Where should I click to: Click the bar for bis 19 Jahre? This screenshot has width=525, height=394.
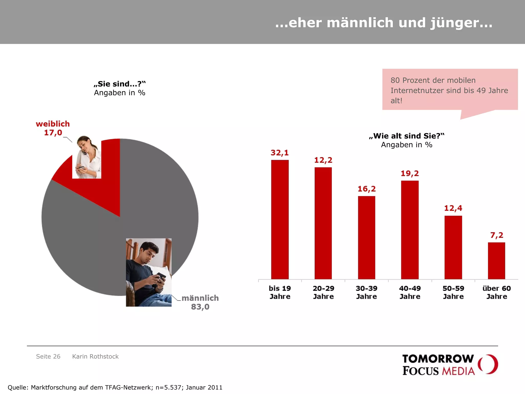280,219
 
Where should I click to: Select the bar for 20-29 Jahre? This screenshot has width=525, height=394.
323,223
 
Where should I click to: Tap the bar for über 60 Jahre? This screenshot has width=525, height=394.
496,261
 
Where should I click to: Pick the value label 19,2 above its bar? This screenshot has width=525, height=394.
410,174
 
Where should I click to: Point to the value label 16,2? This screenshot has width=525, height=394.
367,189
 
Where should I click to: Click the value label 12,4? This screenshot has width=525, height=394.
453,208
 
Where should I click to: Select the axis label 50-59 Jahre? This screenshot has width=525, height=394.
453,292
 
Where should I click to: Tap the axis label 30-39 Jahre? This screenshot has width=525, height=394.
367,292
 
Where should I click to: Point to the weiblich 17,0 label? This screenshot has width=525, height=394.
53,128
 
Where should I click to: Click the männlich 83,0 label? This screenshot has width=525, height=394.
200,302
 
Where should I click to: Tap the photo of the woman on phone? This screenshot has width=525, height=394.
87,157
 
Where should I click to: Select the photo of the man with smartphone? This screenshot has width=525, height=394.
148,272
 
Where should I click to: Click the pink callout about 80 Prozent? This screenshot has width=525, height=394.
450,90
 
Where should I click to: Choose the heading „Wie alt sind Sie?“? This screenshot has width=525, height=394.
407,136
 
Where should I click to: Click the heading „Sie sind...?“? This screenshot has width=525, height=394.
120,84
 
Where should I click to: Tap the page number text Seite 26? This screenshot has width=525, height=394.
48,357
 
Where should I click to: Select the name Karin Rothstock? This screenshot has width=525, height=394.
95,357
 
